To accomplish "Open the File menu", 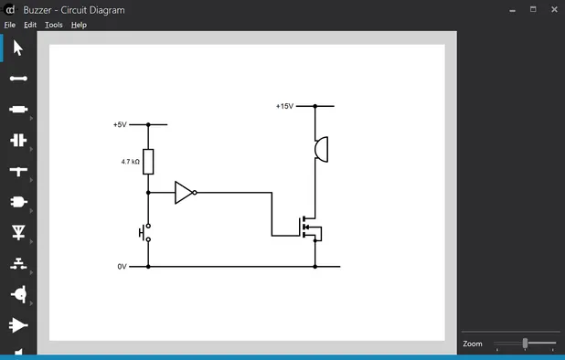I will point(9,25).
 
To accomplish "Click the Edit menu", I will point(30,25).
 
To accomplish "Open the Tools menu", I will point(54,25).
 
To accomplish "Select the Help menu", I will point(79,25).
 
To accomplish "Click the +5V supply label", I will point(120,124).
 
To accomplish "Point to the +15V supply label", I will point(284,106).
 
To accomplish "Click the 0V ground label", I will point(122,267).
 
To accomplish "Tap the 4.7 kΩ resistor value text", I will point(130,162).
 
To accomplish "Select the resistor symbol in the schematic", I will point(148,162).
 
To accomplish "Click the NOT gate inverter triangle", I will point(185,193).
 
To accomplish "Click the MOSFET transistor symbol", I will point(310,227).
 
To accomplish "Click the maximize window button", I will point(533,9).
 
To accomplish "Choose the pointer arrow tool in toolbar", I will point(18,48).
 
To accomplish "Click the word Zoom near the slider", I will point(473,344).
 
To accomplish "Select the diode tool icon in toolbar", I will point(18,232).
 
